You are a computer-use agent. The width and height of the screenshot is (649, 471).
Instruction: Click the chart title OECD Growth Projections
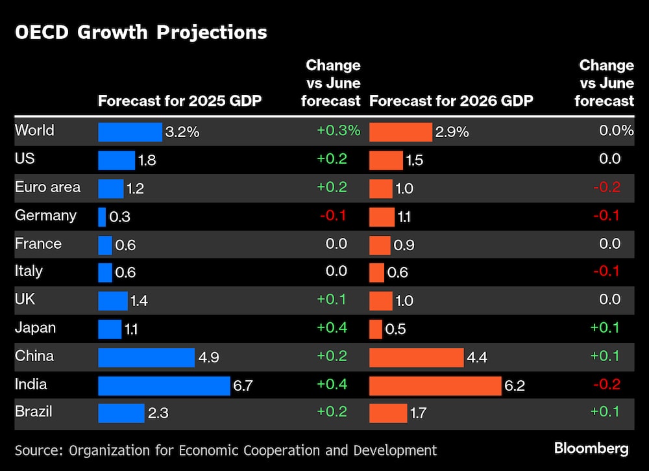(141, 32)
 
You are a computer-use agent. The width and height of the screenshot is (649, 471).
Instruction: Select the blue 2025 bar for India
(164, 385)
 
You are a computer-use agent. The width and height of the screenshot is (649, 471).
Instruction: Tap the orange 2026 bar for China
(416, 357)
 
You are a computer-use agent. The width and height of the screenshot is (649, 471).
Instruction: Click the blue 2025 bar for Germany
(102, 216)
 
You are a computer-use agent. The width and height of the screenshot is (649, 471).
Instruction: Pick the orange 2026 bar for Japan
(376, 329)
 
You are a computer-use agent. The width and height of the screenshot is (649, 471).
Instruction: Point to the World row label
(34, 131)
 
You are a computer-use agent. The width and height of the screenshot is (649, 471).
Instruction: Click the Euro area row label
(48, 187)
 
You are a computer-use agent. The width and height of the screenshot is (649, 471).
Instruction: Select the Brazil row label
(34, 412)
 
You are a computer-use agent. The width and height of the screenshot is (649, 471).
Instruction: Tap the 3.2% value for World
(182, 132)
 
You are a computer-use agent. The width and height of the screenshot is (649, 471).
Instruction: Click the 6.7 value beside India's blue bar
(242, 386)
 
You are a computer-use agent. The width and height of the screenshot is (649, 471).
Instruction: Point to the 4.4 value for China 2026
(477, 357)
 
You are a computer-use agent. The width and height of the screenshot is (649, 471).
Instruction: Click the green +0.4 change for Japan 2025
(332, 328)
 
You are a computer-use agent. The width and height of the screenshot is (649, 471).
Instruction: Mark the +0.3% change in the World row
(338, 131)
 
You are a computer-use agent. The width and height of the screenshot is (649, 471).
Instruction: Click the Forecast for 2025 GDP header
(180, 101)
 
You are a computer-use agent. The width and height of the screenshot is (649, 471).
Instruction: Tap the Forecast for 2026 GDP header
(451, 101)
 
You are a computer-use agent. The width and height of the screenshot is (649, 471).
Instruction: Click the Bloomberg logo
(591, 448)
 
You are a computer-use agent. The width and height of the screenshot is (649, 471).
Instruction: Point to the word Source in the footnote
(38, 450)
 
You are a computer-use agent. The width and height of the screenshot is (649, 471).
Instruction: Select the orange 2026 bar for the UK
(381, 301)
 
